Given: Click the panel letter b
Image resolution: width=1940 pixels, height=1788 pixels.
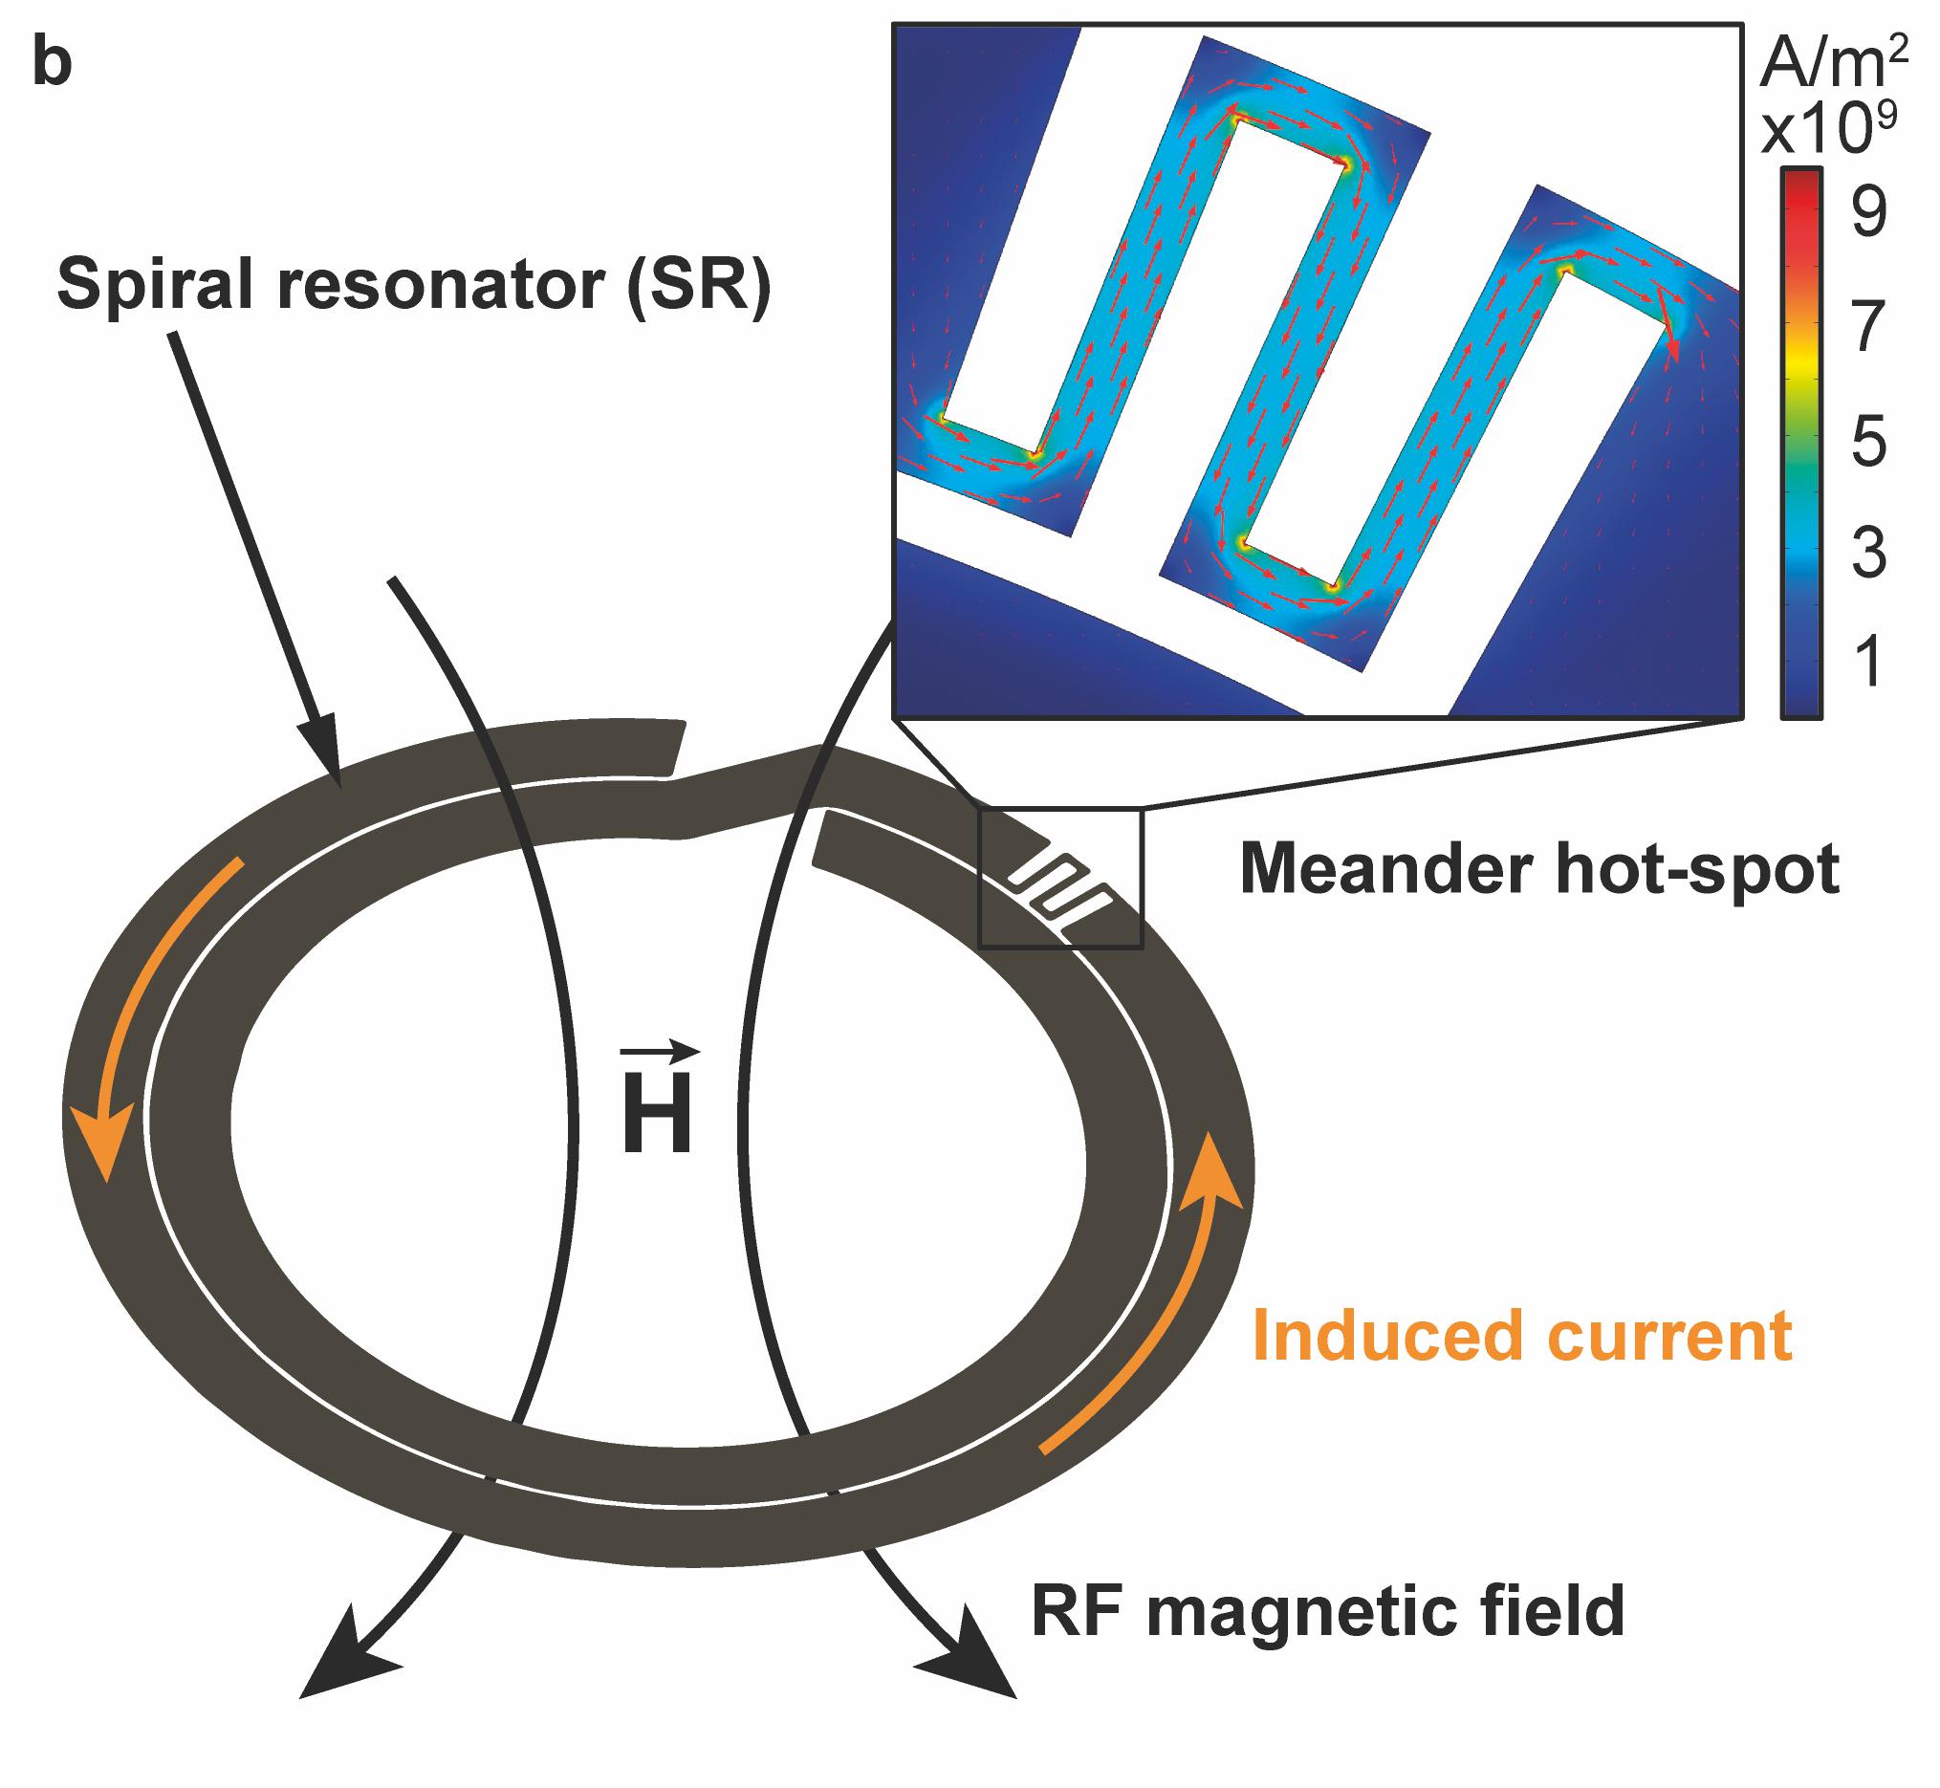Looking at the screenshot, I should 54,66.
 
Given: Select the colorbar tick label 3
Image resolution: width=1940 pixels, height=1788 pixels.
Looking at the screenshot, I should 1868,555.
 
